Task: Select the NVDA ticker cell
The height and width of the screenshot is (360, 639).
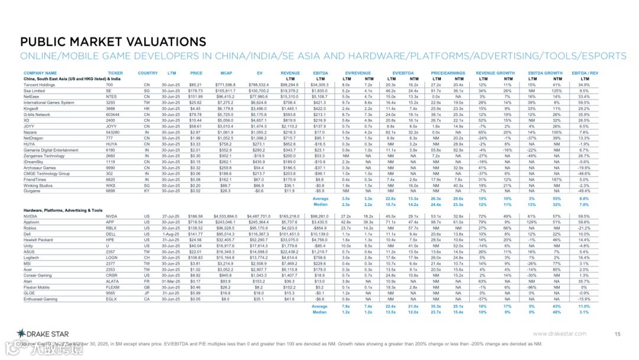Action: click(x=111, y=217)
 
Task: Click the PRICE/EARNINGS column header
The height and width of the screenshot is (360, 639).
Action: click(x=447, y=73)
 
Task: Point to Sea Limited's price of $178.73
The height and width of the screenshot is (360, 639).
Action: click(x=195, y=91)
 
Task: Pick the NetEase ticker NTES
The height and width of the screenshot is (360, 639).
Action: click(x=111, y=96)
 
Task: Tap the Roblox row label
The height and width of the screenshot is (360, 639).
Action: click(x=31, y=229)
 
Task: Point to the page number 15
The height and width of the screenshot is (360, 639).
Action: click(x=617, y=335)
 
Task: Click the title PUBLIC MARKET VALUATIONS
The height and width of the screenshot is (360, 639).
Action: click(x=113, y=42)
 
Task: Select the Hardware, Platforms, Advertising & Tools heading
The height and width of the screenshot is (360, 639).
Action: click(x=63, y=210)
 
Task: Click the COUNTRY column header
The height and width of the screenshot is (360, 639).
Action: click(x=147, y=73)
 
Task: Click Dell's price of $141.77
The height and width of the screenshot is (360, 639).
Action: click(x=195, y=234)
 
